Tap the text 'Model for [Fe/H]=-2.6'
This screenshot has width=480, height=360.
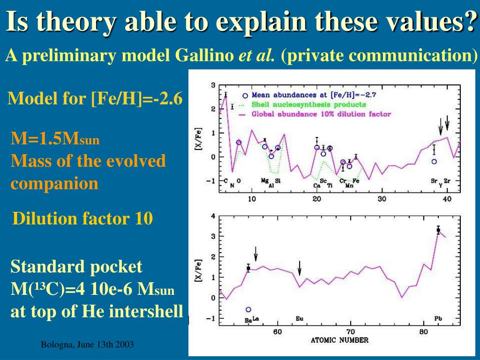[95, 98]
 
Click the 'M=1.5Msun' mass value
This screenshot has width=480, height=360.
[55, 139]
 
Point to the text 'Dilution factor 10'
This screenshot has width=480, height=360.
[83, 218]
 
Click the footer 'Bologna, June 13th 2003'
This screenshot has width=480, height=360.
[87, 345]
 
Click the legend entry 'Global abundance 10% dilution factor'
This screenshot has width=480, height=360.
[321, 113]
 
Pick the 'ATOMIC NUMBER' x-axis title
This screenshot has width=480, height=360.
[339, 340]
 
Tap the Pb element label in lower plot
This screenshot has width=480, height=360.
[438, 319]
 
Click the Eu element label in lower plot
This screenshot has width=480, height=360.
[300, 319]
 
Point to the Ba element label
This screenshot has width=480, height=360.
[248, 321]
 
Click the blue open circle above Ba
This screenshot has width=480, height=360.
[248, 309]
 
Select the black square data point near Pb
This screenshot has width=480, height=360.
[438, 230]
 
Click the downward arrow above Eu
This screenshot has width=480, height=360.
[300, 268]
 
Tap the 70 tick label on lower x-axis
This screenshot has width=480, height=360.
[351, 332]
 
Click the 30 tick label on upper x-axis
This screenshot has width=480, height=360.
[382, 199]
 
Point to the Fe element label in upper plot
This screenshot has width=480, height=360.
[356, 181]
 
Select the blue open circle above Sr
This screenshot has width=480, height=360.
[434, 161]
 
